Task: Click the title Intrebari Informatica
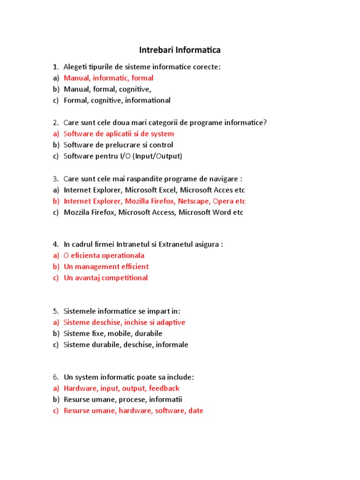coord(180,50)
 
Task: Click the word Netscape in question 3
coord(194,201)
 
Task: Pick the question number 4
coord(55,244)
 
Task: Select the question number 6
coord(55,377)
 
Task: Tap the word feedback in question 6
coord(164,388)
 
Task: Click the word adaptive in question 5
coord(170,322)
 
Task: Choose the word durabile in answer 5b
coord(148,333)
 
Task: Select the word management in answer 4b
coord(96,266)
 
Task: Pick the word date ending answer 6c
coord(196,411)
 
